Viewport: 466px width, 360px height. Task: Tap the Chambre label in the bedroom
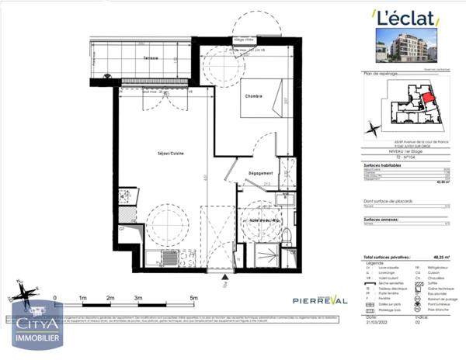coord(253,96)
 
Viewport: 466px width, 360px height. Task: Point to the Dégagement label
coord(259,174)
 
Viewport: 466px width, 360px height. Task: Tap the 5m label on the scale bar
coord(194,298)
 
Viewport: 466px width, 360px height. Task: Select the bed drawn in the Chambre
coord(263,99)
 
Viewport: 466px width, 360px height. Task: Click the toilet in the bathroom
coord(286,234)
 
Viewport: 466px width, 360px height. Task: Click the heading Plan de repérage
coord(381,73)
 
